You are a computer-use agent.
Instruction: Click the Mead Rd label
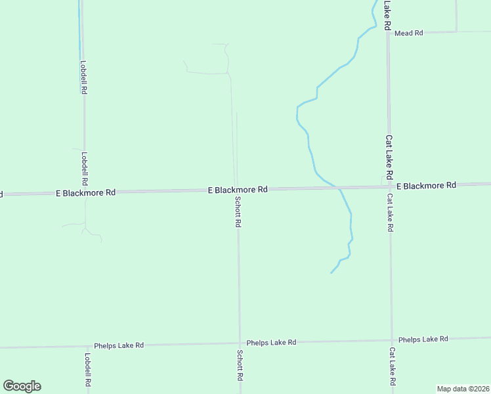[409, 33]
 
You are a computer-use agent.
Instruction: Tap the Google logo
[22, 386]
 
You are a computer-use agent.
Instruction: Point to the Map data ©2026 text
[463, 388]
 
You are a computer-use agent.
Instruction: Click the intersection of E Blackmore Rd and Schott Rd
[237, 190]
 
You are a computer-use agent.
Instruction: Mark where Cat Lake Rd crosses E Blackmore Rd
[389, 187]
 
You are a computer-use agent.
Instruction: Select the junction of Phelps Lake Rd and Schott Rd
[239, 343]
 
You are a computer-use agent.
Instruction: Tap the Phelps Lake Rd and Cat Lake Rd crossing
[392, 340]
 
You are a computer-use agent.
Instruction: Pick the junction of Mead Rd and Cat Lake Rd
[389, 32]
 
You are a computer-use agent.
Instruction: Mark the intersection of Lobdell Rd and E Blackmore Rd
[84, 192]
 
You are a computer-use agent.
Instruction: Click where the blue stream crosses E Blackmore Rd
[339, 188]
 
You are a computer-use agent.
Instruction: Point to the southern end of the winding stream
[331, 272]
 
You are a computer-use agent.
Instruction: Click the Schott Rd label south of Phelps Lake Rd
[240, 365]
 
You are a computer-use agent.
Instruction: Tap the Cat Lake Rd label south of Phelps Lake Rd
[392, 366]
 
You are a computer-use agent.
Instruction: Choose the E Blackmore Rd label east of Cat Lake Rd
[426, 186]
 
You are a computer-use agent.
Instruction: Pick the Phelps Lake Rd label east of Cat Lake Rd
[423, 339]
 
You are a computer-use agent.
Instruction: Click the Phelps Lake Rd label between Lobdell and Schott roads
[119, 345]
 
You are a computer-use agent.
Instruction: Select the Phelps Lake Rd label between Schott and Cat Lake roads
[271, 343]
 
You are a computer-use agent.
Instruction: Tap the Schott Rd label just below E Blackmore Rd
[238, 212]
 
